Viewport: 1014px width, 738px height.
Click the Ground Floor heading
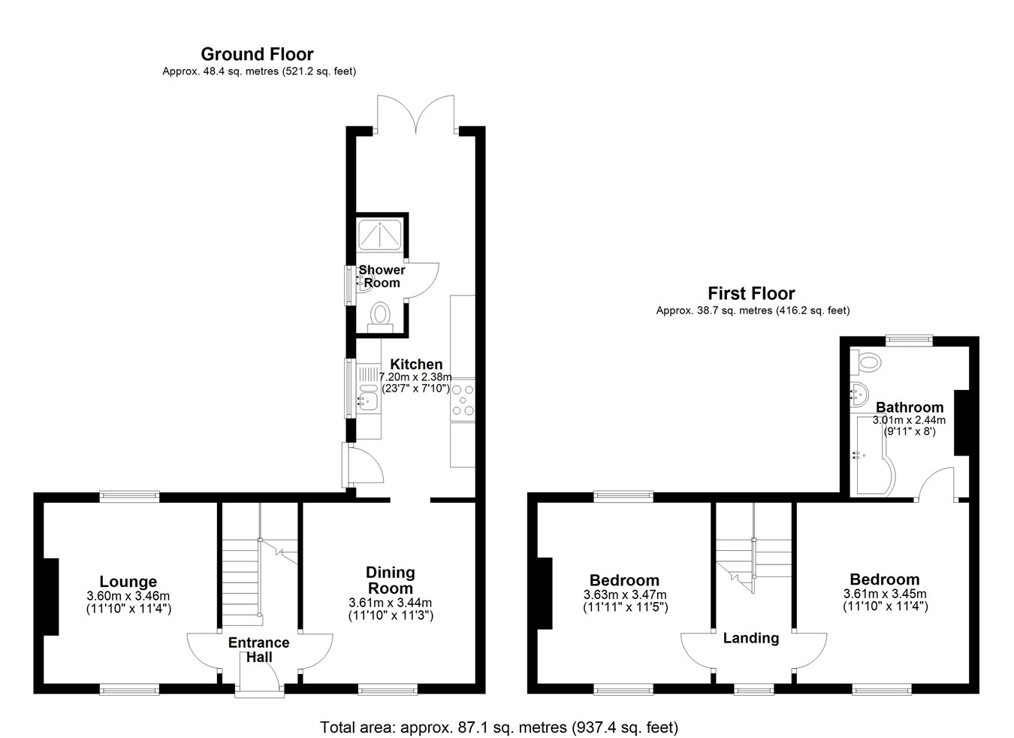pos(257,54)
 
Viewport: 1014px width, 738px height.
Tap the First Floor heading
pos(751,294)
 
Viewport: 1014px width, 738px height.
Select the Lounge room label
pos(128,581)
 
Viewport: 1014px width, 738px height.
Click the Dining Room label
pos(391,580)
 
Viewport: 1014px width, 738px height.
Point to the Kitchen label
pos(416,364)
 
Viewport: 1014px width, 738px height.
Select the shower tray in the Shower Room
pos(380,234)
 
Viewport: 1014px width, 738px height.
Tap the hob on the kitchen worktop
pos(463,400)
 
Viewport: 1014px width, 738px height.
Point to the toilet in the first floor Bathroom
pos(865,362)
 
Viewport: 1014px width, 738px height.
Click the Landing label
pos(751,638)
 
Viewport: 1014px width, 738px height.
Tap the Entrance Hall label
pos(259,649)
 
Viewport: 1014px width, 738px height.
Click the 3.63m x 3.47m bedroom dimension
pos(625,595)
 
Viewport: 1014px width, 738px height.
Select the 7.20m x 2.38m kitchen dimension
pos(415,377)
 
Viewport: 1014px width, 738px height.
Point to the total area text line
pos(499,727)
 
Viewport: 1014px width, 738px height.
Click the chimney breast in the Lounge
pos(51,597)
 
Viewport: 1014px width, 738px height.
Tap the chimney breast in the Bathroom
pos(961,422)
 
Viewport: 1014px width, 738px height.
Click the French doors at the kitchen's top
pos(416,114)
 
